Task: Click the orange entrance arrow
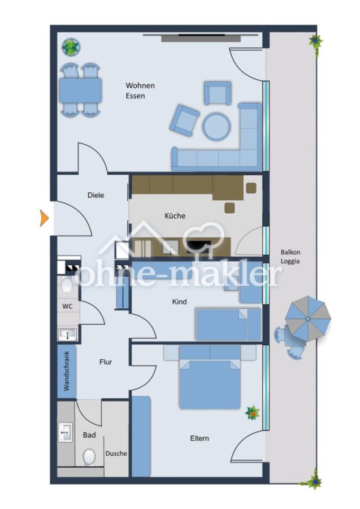44,218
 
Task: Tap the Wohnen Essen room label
140,90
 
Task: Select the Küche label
175,216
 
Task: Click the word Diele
96,195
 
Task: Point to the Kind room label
179,301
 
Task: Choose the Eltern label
199,438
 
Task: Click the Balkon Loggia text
290,256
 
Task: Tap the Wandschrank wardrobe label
67,371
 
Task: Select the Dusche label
116,454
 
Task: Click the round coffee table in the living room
216,126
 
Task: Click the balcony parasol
308,319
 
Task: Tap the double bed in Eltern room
210,377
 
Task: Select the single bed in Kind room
228,324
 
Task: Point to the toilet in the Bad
89,457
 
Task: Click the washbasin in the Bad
65,433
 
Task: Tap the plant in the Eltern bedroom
252,413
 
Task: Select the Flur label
106,362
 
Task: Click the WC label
67,307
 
